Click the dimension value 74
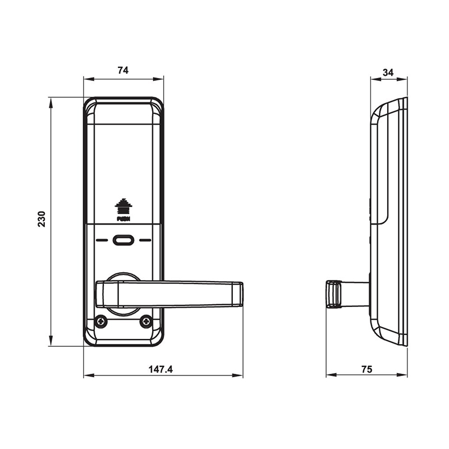click(x=123, y=70)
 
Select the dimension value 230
click(x=41, y=219)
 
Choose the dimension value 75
click(x=366, y=369)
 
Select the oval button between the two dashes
click(x=123, y=240)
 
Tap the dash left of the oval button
click(x=102, y=240)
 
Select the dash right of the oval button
click(x=146, y=240)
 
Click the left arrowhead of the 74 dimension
click(x=86, y=79)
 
